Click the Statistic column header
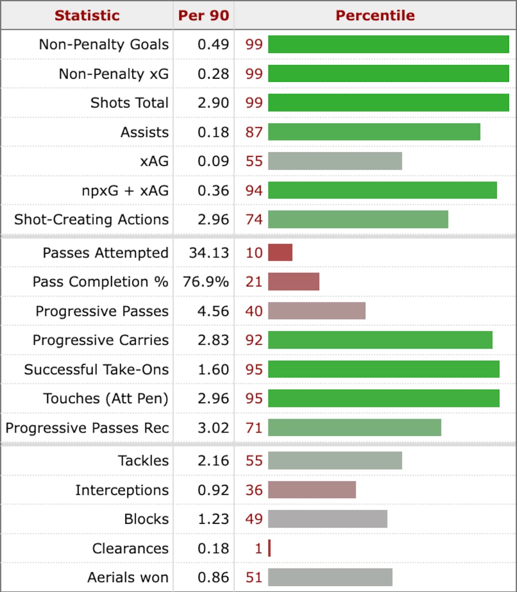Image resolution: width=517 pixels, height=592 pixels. click(x=87, y=15)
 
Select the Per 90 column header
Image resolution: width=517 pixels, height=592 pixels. click(x=203, y=15)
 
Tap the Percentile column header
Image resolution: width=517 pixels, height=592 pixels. click(x=375, y=15)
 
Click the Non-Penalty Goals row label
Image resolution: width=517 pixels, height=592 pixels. click(x=104, y=44)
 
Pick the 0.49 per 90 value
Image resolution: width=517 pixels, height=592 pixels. click(x=213, y=44)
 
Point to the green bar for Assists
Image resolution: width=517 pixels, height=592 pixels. click(x=374, y=132)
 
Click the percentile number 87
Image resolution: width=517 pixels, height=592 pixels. click(x=254, y=132)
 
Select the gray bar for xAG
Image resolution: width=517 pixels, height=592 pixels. click(x=335, y=161)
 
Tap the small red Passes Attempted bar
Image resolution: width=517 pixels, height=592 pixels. click(x=280, y=252)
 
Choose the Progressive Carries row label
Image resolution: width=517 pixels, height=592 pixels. click(x=100, y=340)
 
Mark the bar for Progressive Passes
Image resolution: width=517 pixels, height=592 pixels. click(x=317, y=311)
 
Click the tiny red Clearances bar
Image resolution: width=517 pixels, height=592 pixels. click(x=270, y=548)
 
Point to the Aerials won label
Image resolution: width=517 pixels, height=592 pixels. click(x=128, y=577)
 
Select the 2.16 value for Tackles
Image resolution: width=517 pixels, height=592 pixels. click(x=213, y=461)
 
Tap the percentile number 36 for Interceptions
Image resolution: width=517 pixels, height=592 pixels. click(x=254, y=490)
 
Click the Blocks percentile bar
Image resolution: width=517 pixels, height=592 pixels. click(x=328, y=519)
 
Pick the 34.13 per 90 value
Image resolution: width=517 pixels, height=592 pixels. click(x=209, y=252)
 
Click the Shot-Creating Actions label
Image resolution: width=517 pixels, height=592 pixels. click(x=91, y=220)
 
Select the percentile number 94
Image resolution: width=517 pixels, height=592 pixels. click(x=254, y=190)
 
